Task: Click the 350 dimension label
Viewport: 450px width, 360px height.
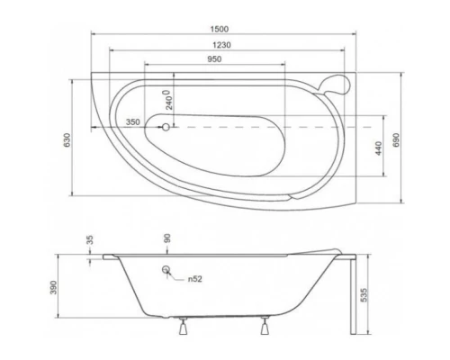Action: (x=131, y=121)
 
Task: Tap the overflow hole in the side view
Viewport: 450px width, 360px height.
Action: (x=166, y=270)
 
